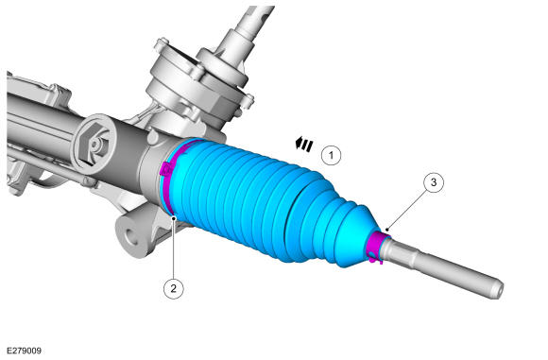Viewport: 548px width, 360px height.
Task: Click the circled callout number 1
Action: click(331, 155)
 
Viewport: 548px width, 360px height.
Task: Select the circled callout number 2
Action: click(173, 289)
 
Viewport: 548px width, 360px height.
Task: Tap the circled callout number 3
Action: click(434, 182)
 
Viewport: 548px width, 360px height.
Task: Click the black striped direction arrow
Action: click(303, 144)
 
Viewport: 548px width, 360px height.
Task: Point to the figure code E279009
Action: click(25, 351)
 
